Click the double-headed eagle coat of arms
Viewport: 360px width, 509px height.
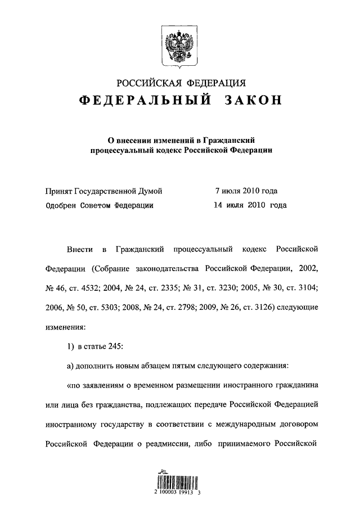[180, 42]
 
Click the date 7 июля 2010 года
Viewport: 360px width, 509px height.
[246, 191]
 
